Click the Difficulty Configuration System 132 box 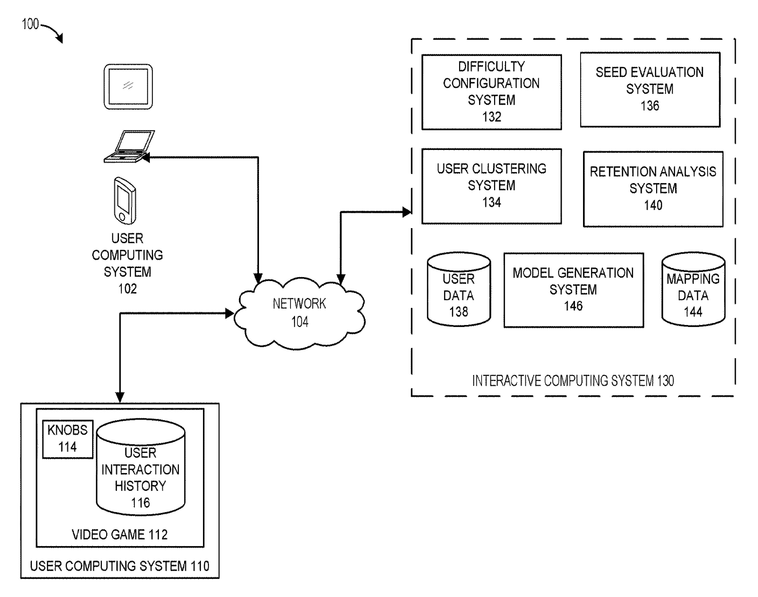(491, 92)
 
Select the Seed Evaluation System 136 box (650, 89)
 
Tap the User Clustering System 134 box (491, 186)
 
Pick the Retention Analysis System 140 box (653, 189)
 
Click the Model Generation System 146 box (573, 290)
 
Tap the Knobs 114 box (67, 439)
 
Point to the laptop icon (129, 147)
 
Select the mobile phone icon (125, 200)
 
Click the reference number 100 (30, 24)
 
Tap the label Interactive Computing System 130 (573, 381)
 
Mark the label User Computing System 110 (120, 566)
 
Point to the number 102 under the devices (127, 289)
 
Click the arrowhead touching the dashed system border (407, 212)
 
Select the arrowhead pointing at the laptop (145, 158)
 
